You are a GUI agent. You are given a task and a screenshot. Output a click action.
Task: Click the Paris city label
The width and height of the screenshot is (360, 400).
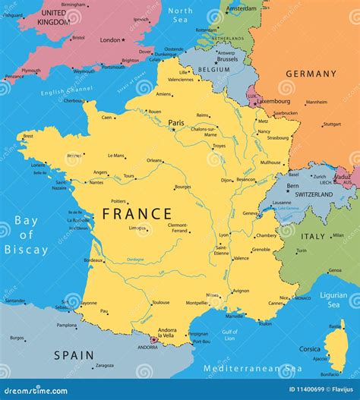176,122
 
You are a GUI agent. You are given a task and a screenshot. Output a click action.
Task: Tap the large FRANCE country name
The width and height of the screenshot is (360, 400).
137,214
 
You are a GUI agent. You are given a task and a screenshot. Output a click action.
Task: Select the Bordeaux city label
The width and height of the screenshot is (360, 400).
93,260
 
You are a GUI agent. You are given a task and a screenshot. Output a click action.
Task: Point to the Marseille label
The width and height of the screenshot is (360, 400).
235,316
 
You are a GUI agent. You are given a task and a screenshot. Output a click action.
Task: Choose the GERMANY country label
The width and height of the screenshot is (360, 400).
311,74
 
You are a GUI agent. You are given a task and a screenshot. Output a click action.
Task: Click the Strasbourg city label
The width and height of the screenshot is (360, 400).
277,137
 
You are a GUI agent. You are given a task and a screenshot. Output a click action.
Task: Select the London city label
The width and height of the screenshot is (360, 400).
110,39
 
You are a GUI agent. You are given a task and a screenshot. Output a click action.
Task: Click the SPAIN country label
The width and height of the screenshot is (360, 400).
74,354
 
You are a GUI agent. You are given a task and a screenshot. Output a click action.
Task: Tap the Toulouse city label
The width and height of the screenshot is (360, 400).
160,302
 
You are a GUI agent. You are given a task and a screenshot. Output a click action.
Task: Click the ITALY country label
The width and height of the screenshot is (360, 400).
313,236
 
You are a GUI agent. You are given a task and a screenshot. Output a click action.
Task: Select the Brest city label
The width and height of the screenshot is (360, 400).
28,137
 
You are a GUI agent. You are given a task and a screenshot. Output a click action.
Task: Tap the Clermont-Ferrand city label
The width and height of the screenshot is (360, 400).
177,228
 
